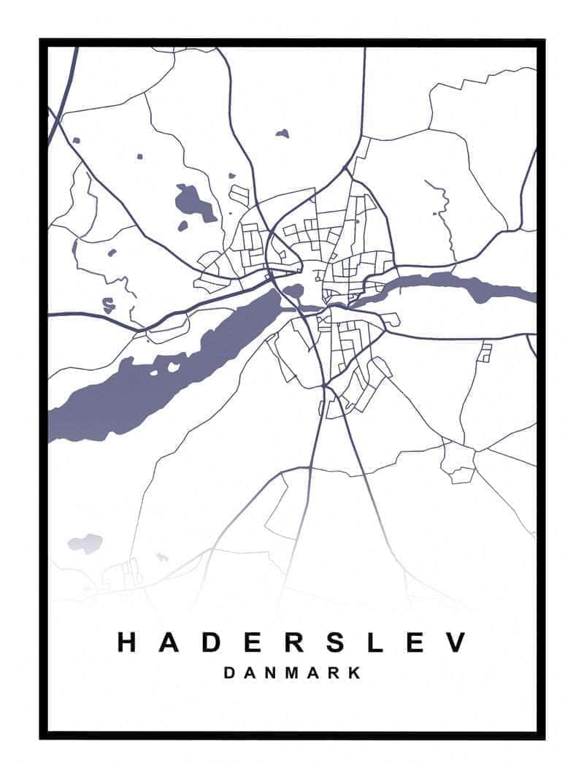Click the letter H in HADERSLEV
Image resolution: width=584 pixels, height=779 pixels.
pyautogui.click(x=127, y=642)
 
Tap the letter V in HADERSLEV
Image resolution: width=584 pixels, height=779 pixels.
pyautogui.click(x=456, y=642)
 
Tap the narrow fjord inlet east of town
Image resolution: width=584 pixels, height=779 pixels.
pyautogui.click(x=453, y=285)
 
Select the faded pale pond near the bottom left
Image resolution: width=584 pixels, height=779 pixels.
pyautogui.click(x=85, y=543)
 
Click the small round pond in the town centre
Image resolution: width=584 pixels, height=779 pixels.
pyautogui.click(x=293, y=292)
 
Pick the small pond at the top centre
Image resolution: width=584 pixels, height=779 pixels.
pyautogui.click(x=283, y=134)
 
